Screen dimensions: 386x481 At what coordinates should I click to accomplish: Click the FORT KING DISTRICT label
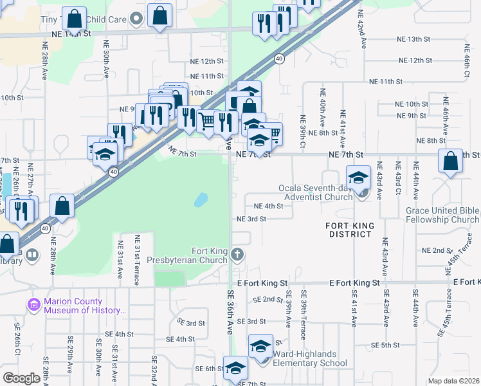point(349,230)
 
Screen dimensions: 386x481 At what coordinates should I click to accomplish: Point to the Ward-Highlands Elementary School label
point(310,358)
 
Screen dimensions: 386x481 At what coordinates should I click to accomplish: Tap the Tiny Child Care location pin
point(136,20)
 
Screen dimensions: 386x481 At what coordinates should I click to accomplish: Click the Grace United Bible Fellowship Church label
point(442,215)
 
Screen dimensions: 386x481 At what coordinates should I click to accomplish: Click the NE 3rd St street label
point(251,219)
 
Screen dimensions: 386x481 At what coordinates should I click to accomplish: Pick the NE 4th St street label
point(269,206)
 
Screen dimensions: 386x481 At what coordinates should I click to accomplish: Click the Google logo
point(21,378)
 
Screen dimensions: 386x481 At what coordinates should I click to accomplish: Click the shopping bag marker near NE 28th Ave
point(63,207)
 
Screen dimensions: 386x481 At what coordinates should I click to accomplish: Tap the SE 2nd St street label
point(268,300)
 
